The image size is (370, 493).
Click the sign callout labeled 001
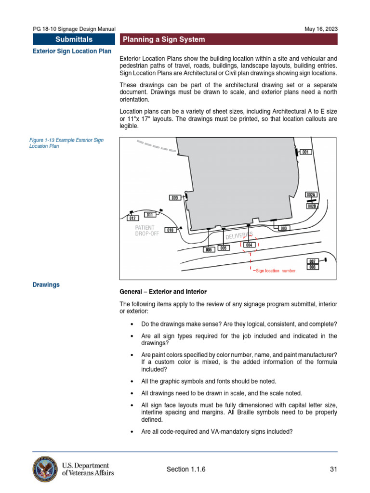click(x=305, y=152)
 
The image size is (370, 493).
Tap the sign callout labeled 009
click(x=175, y=197)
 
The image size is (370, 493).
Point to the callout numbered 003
click(x=284, y=228)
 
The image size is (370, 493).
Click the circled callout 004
click(x=249, y=245)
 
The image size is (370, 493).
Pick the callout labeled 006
click(x=209, y=250)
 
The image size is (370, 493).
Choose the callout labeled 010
click(x=170, y=230)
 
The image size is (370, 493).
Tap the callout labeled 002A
click(x=311, y=195)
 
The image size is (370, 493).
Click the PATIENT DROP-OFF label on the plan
click(x=146, y=231)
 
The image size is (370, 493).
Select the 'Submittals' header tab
click(x=74, y=39)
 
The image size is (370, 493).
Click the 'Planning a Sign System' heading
click(x=164, y=39)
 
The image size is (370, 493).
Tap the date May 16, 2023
click(x=321, y=29)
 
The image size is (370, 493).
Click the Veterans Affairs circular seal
click(x=45, y=469)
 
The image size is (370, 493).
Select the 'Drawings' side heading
click(x=46, y=285)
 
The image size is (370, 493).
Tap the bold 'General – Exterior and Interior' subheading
click(x=163, y=292)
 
